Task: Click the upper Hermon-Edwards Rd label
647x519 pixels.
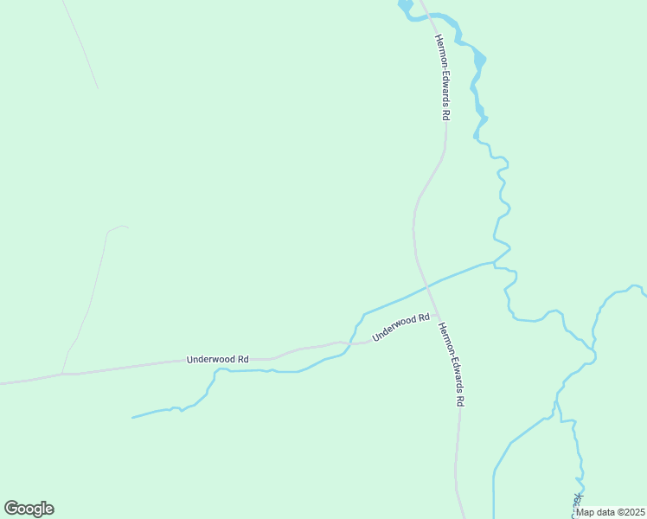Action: [x=443, y=77]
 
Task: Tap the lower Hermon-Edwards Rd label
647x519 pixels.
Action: [x=452, y=364]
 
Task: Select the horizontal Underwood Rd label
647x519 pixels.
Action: [x=218, y=359]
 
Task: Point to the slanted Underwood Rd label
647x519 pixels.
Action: [x=400, y=328]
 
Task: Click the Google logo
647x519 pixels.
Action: [x=29, y=509]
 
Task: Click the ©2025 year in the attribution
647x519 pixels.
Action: [x=630, y=511]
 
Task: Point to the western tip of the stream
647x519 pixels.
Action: [x=132, y=418]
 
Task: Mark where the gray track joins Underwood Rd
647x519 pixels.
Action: [x=62, y=375]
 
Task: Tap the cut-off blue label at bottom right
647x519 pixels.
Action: [x=577, y=503]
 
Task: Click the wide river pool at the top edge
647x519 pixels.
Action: [x=405, y=6]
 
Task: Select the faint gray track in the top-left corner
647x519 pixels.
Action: [x=80, y=43]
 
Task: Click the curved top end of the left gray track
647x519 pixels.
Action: [x=117, y=227]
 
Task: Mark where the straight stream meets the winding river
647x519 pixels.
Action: [x=494, y=261]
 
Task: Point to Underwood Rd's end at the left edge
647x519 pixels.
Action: [x=3, y=382]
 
